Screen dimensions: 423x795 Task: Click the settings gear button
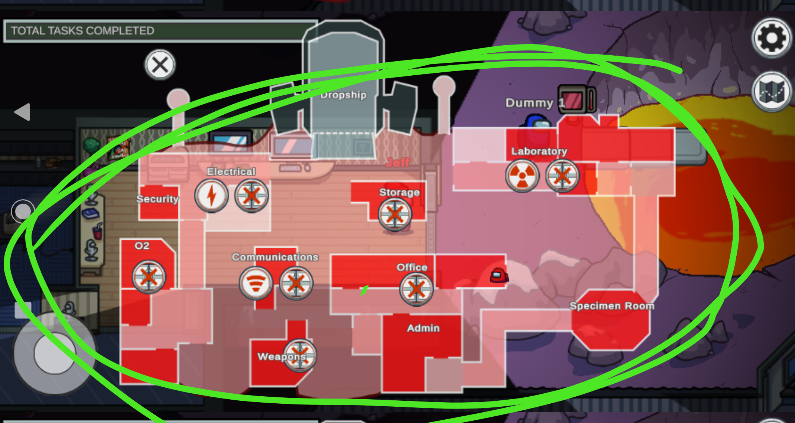click(771, 38)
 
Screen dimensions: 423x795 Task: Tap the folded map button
click(771, 91)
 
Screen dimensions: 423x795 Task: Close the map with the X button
click(160, 65)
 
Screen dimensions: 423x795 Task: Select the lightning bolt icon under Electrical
click(211, 196)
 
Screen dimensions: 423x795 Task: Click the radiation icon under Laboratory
click(522, 176)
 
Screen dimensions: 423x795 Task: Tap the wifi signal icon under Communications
click(256, 283)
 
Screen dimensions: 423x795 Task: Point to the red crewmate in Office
click(499, 275)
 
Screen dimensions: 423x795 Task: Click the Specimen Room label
click(611, 306)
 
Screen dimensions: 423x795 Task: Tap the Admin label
click(423, 328)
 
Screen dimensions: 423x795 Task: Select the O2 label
click(142, 246)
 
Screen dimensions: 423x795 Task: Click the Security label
click(158, 199)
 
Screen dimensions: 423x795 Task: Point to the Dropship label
click(343, 95)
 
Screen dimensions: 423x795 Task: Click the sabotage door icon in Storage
click(395, 214)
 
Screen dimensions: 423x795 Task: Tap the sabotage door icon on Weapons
click(300, 355)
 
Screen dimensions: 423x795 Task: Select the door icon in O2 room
click(149, 277)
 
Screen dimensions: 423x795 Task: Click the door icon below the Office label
click(416, 289)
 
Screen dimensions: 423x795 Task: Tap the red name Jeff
click(397, 163)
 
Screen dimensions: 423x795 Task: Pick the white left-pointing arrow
click(22, 112)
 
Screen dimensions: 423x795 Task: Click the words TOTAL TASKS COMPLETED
click(82, 30)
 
